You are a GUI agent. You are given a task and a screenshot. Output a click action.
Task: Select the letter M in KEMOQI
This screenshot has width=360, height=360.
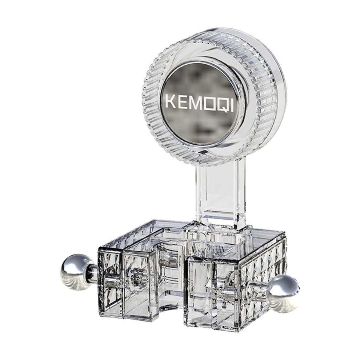click(x=194, y=103)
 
